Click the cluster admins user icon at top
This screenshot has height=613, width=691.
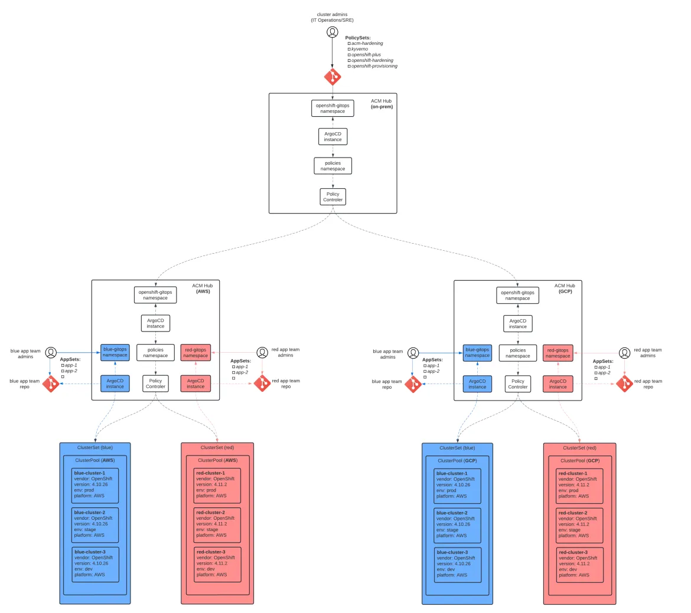(x=333, y=32)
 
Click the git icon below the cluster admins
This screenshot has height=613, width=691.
(x=333, y=77)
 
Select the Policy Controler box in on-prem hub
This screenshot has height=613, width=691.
(x=333, y=197)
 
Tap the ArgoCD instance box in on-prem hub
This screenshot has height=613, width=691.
(x=333, y=137)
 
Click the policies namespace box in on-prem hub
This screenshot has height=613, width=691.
(x=333, y=166)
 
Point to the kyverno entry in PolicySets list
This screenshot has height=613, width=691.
(x=360, y=49)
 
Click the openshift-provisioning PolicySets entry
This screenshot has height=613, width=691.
(x=374, y=66)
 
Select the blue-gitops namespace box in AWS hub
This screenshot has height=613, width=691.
(x=115, y=352)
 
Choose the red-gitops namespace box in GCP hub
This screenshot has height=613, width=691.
(x=558, y=353)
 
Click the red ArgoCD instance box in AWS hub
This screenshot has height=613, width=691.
(x=195, y=383)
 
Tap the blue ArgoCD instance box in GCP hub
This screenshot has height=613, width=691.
(x=477, y=384)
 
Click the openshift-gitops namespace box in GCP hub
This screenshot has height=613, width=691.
(x=517, y=296)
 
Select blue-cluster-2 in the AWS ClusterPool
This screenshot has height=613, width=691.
(x=95, y=525)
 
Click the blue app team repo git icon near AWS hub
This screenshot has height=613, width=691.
(x=51, y=384)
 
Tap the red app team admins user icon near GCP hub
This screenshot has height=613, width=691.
(x=624, y=352)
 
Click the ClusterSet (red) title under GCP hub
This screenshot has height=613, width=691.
(x=579, y=448)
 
